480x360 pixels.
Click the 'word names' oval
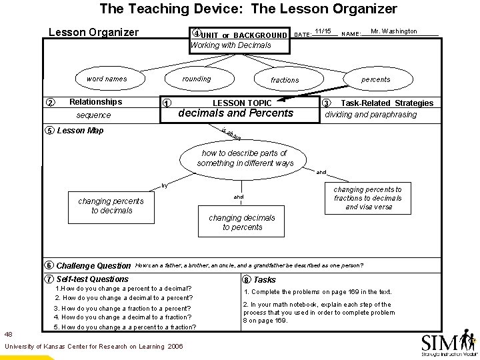click(107, 79)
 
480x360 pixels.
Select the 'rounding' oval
click(197, 79)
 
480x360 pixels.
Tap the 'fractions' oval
click(285, 80)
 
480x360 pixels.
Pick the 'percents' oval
click(376, 79)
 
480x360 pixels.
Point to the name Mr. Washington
click(393, 31)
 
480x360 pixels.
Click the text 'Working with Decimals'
click(231, 45)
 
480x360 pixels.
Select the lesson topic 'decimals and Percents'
click(236, 113)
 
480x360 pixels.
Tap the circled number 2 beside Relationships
click(50, 102)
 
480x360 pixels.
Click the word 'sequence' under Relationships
click(93, 115)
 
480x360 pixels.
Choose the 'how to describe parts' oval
click(245, 158)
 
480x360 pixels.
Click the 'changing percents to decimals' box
click(111, 205)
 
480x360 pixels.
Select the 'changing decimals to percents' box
click(241, 222)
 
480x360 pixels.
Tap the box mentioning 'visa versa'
click(368, 198)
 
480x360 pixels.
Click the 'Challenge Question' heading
click(94, 265)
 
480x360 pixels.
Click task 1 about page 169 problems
click(317, 292)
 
